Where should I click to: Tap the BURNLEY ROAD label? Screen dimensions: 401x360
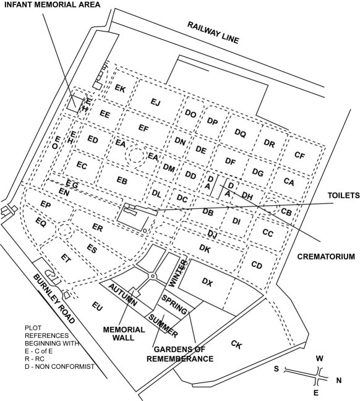pyautogui.click(x=55, y=299)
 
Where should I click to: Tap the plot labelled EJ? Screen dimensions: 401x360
pyautogui.click(x=155, y=103)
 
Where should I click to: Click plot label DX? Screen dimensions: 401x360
pyautogui.click(x=207, y=283)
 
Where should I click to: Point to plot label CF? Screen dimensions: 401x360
pyautogui.click(x=299, y=155)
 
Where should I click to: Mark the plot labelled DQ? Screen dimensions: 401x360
pyautogui.click(x=240, y=132)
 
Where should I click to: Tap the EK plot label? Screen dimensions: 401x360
pyautogui.click(x=120, y=89)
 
